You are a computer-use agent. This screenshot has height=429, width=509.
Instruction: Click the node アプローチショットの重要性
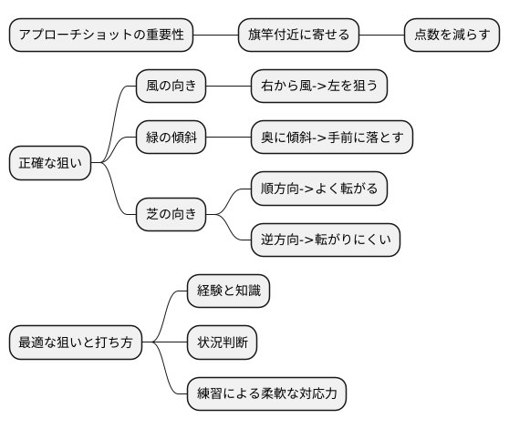click(x=101, y=35)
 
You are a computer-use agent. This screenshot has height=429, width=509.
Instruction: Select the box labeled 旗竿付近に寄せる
click(x=298, y=35)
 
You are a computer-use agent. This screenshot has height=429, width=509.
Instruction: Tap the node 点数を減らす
click(x=452, y=35)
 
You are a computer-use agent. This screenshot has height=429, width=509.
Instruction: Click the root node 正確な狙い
click(x=50, y=164)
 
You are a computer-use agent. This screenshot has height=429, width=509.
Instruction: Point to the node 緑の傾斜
click(x=171, y=138)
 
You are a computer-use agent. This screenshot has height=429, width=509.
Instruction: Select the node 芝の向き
click(x=171, y=216)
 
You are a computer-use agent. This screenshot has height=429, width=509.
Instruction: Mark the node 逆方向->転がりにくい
click(x=326, y=241)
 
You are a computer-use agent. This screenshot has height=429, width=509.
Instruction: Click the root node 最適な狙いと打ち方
click(x=76, y=343)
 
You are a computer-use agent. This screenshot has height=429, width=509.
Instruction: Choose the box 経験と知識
click(x=228, y=291)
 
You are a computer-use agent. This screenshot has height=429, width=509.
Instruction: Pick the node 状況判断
click(x=222, y=343)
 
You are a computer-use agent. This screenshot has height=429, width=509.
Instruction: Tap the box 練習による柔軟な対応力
click(x=267, y=394)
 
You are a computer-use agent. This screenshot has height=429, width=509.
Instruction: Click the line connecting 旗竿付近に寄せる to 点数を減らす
click(x=381, y=35)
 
